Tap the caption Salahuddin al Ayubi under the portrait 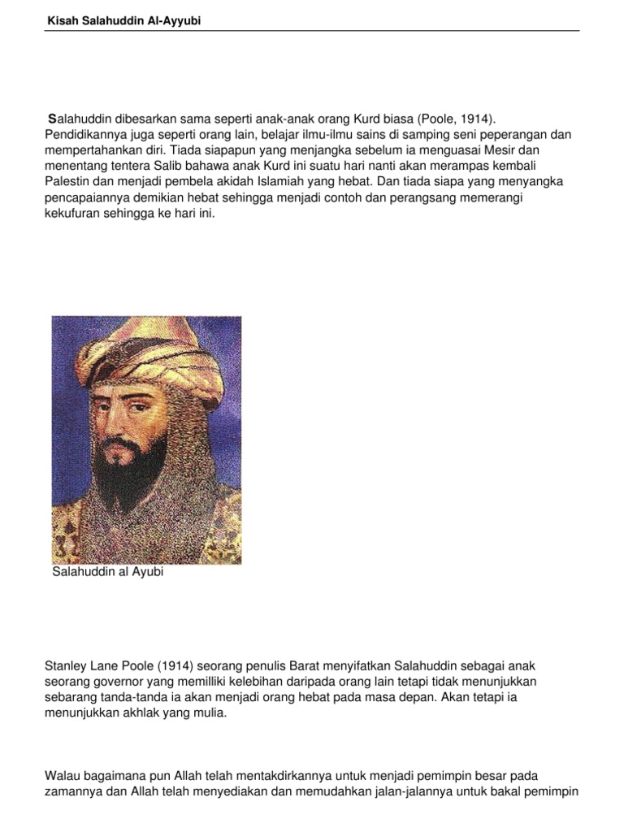click(108, 573)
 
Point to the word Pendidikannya click(82, 136)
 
